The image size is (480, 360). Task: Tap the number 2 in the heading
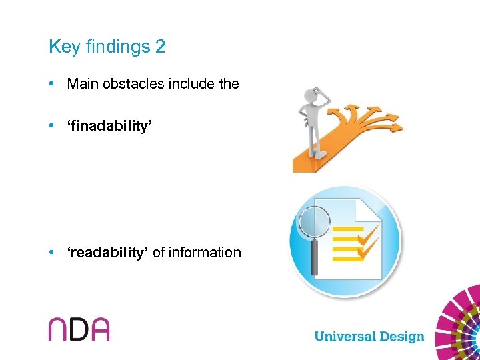coord(160,47)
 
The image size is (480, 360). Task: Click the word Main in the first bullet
coord(82,84)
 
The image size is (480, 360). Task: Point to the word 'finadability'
coord(111,126)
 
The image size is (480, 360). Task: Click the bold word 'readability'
coord(107,252)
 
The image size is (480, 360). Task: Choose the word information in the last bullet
coord(205,252)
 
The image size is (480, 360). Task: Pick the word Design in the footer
coord(401,337)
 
